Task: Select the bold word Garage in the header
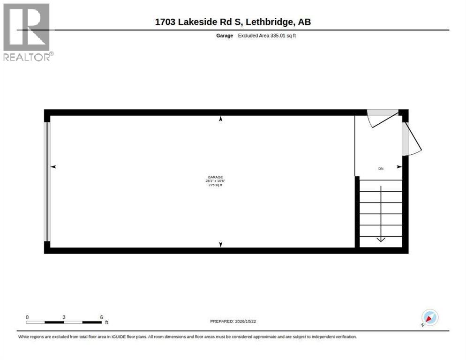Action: [225, 36]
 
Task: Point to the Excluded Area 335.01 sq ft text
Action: [267, 36]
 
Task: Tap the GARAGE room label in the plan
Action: [215, 177]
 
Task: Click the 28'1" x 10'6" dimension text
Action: [215, 181]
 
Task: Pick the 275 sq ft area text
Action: [215, 185]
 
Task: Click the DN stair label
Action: [381, 169]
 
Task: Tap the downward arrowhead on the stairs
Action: [381, 240]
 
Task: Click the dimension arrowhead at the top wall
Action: [220, 119]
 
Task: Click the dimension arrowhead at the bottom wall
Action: [220, 244]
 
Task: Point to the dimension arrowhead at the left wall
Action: [53, 167]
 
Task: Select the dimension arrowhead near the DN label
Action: [399, 167]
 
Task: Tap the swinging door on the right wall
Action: [412, 139]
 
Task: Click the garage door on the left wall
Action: [47, 181]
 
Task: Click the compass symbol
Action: [430, 317]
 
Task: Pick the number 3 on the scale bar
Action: [64, 317]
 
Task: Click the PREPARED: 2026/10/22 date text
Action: [233, 322]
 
